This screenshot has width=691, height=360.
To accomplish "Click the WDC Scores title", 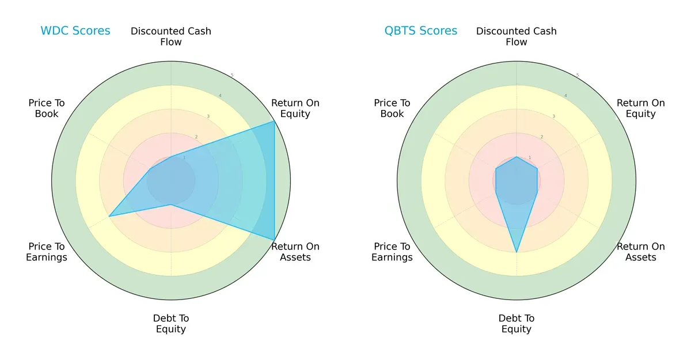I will (75, 31).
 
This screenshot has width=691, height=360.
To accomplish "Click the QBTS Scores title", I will (421, 31).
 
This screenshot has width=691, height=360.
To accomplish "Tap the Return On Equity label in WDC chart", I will (295, 108).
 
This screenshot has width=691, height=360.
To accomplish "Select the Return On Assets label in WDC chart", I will (295, 252).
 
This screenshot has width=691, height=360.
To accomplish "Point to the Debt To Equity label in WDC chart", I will (171, 324).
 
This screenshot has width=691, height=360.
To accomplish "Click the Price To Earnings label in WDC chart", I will (47, 252).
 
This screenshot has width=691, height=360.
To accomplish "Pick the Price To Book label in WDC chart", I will (47, 108).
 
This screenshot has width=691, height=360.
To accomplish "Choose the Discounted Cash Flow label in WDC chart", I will (171, 36).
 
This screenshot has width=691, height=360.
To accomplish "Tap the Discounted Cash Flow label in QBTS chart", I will (517, 36).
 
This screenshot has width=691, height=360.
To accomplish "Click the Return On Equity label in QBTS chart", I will (640, 108).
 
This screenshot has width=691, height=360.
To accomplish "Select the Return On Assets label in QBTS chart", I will (640, 252).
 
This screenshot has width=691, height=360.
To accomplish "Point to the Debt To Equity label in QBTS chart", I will (517, 324).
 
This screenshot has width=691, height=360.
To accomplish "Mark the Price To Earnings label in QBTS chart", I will (392, 252).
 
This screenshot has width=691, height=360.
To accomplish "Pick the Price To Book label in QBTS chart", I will (392, 108).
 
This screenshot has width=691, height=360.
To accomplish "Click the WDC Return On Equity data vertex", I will (274, 122).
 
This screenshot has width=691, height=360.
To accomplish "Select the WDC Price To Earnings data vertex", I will (109, 217).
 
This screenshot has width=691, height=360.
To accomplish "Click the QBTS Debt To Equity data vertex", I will (517, 252).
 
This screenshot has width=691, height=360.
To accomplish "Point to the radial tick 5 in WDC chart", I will (231, 75).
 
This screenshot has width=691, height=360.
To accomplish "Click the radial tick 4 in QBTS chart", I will (565, 96).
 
